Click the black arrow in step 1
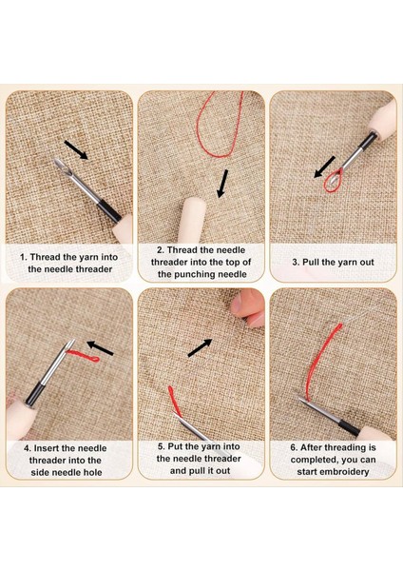pyautogui.click(x=76, y=149)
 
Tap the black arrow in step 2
pyautogui.click(x=222, y=184)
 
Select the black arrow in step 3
pyautogui.click(x=324, y=167)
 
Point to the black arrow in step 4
pyautogui.click(x=100, y=347)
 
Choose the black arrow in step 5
pyautogui.click(x=200, y=347)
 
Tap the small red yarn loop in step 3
pyautogui.click(x=334, y=182)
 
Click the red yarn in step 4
pyautogui.click(x=84, y=356)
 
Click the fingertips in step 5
pyautogui.click(x=248, y=307)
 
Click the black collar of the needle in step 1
pyautogui.click(x=108, y=210)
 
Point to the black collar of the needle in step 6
pyautogui.click(x=349, y=428)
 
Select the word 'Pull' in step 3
pyautogui.click(x=311, y=263)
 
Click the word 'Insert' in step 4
pyautogui.click(x=49, y=448)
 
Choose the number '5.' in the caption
pyautogui.click(x=162, y=446)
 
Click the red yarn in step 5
pyautogui.click(x=175, y=401)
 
